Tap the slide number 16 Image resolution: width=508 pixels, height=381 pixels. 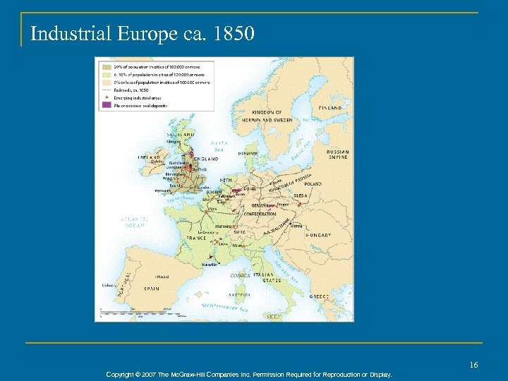(473, 364)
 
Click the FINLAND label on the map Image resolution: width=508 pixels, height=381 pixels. (330, 108)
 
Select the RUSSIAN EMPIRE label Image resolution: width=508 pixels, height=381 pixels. (337, 155)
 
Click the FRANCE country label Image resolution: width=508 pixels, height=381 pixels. (197, 238)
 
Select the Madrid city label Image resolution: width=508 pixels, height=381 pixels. (163, 277)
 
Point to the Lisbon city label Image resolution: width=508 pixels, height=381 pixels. (107, 286)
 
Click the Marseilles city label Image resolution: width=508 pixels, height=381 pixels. (209, 265)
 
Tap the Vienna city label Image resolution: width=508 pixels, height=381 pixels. (296, 226)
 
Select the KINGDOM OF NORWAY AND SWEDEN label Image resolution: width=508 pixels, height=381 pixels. (268, 116)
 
